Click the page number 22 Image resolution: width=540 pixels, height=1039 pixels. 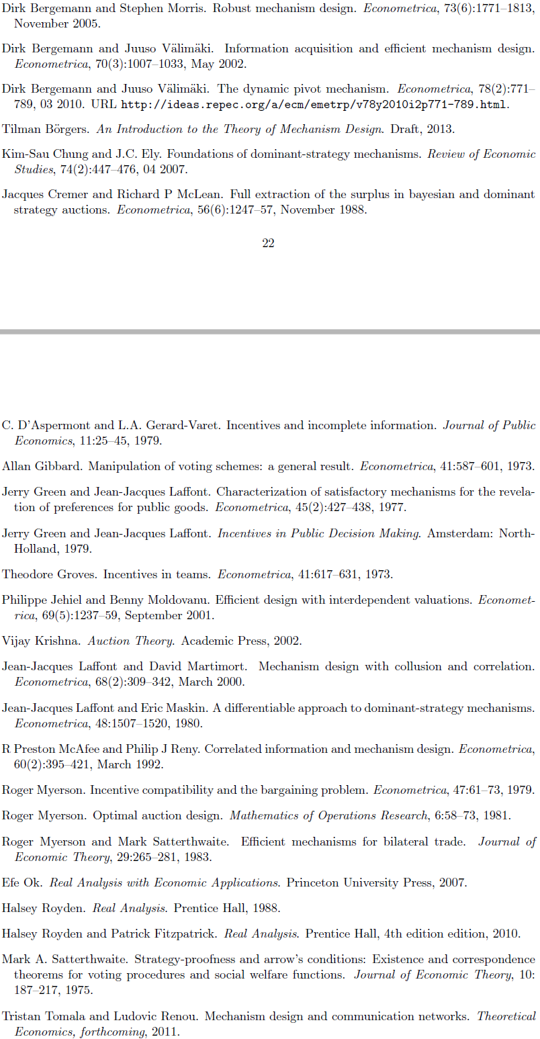click(268, 243)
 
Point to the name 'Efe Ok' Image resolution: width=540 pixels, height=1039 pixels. click(21, 883)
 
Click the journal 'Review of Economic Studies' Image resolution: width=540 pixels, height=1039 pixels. click(481, 154)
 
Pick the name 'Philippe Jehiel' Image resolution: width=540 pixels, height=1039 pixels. click(43, 600)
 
